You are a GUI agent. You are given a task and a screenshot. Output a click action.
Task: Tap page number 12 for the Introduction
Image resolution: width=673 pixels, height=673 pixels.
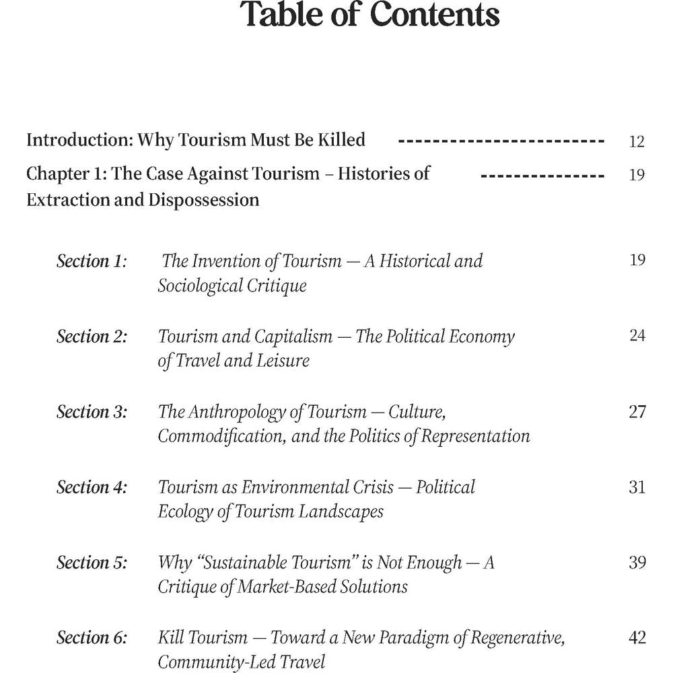coord(636,141)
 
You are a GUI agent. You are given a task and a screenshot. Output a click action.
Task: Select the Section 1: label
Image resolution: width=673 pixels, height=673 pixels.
coord(92,261)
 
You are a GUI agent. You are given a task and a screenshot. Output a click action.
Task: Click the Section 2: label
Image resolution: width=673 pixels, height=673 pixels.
coord(92,336)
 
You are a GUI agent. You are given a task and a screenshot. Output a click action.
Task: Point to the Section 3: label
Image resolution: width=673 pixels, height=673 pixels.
coord(92,412)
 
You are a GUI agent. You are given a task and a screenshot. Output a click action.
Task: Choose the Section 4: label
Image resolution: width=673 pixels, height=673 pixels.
coord(92,487)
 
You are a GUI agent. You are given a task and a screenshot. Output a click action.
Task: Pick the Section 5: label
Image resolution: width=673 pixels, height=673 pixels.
coord(92,563)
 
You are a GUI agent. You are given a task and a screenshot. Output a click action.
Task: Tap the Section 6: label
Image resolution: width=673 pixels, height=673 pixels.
coord(92,638)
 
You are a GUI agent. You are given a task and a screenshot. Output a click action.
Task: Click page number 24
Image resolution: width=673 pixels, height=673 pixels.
coord(637,335)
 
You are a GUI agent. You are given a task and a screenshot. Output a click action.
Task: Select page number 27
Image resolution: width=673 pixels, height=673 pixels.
coord(637,411)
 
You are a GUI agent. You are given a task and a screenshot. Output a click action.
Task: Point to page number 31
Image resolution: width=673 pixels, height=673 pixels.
coord(637,487)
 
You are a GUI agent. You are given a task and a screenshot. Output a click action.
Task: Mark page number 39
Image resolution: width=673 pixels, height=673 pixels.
coord(637,562)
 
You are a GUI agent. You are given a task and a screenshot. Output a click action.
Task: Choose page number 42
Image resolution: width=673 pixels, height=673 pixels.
coord(637,637)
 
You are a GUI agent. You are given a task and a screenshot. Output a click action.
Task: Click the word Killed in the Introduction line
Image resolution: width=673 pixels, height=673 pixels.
coord(338,140)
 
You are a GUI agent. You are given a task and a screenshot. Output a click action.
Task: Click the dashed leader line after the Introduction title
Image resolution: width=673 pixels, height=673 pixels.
coord(501,142)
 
